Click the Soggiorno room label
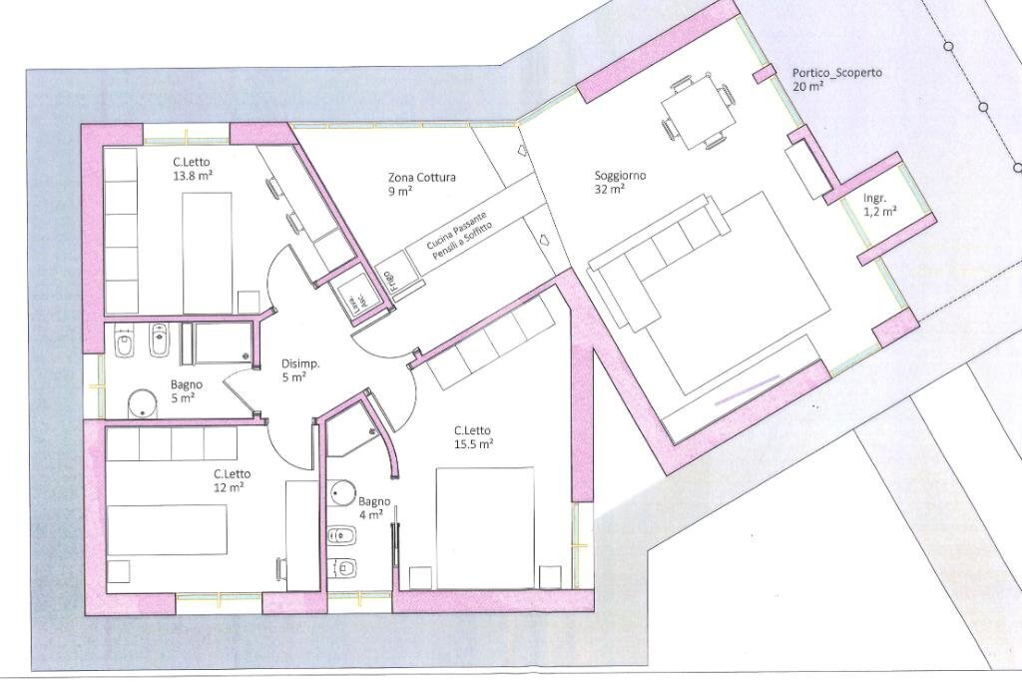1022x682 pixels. point(620,175)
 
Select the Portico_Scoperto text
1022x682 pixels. point(836,73)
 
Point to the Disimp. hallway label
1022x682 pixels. point(300,364)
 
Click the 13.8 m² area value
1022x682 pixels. point(192,174)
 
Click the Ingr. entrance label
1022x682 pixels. point(875,198)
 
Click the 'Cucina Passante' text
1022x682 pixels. point(456,230)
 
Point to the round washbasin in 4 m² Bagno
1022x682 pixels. point(343,492)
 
